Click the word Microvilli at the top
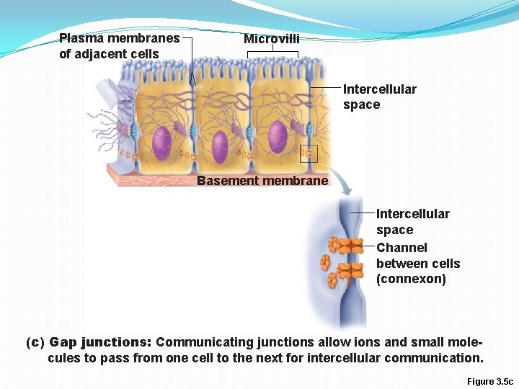coord(271,39)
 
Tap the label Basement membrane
coord(262,181)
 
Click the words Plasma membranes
coord(119,38)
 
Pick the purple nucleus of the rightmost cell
coord(278,137)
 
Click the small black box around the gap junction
coord(309,153)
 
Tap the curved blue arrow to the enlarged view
coord(345,187)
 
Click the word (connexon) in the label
coord(411,280)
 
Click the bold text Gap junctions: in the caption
coord(100,342)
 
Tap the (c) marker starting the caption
coord(35,342)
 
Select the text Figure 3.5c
coord(489,381)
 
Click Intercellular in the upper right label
coord(379,89)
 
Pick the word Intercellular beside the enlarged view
coord(412,214)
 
